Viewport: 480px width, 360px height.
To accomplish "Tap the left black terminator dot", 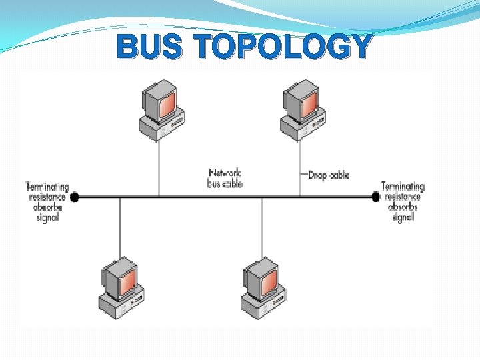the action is pyautogui.click(x=75, y=197).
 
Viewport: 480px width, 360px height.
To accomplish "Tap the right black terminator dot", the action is pyautogui.click(x=375, y=197).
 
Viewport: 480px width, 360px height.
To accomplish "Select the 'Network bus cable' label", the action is pyautogui.click(x=225, y=178).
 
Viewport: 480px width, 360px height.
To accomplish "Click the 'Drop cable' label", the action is pyautogui.click(x=329, y=175).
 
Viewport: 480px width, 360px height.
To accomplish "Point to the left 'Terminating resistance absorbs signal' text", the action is pyautogui.click(x=47, y=202).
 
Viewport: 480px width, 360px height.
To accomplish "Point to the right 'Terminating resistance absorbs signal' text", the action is pyautogui.click(x=402, y=202).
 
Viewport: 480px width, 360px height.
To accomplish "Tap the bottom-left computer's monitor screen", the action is pyautogui.click(x=128, y=281).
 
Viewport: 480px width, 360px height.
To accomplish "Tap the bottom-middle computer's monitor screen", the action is pyautogui.click(x=269, y=281).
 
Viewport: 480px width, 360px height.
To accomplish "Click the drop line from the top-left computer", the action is pyautogui.click(x=159, y=167).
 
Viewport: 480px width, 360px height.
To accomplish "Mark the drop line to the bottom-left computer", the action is pyautogui.click(x=120, y=227).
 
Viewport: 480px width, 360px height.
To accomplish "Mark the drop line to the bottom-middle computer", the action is pyautogui.click(x=261, y=227).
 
